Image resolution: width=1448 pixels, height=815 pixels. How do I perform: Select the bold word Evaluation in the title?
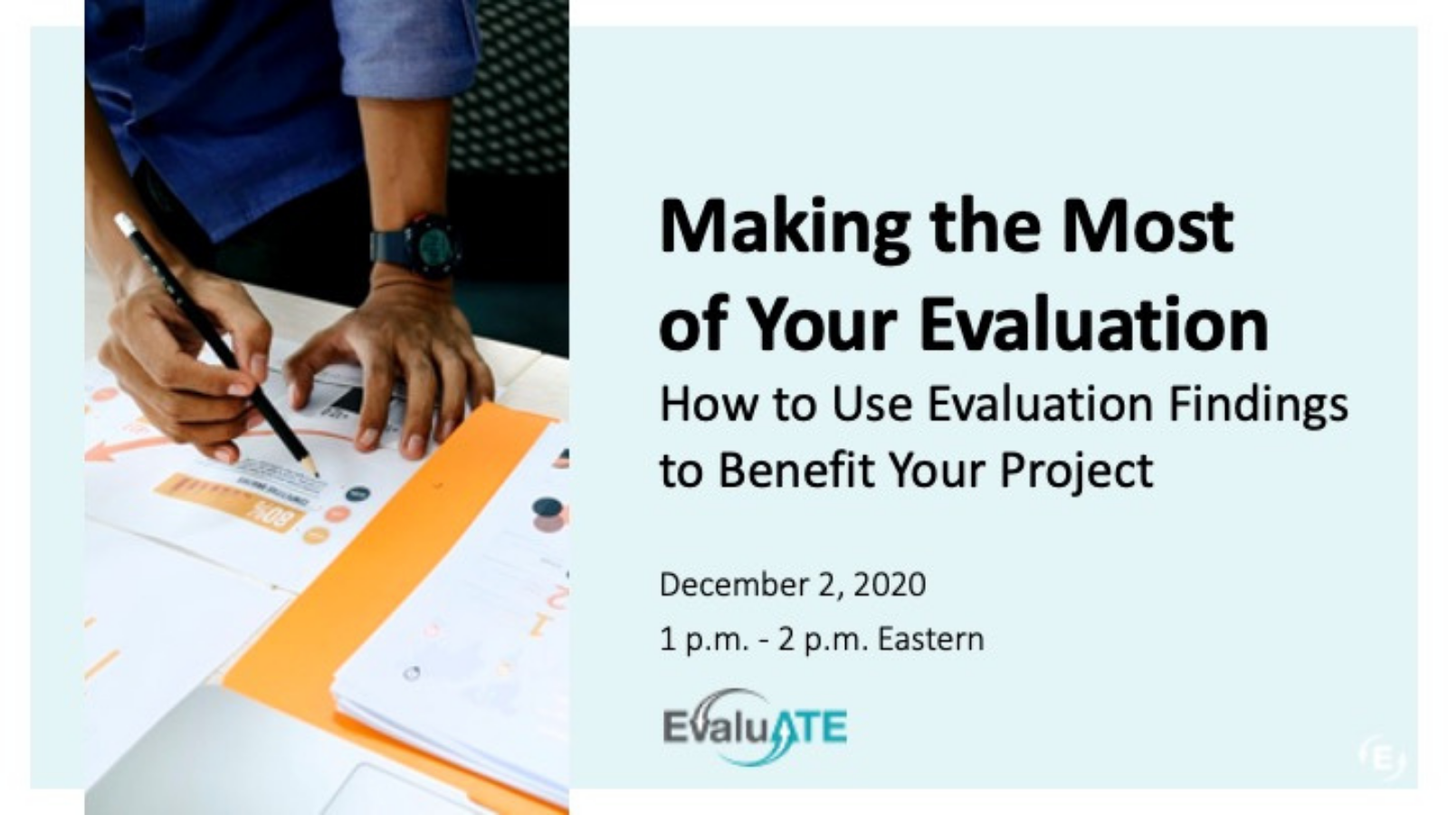[1094, 323]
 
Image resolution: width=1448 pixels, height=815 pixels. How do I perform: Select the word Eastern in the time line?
[931, 639]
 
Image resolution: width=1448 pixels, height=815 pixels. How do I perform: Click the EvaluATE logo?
[755, 727]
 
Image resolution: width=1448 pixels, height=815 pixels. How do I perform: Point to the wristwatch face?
[433, 245]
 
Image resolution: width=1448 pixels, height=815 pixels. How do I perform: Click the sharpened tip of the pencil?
[316, 475]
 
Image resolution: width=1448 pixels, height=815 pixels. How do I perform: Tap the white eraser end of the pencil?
[122, 221]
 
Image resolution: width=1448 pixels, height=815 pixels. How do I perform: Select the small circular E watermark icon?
[1382, 757]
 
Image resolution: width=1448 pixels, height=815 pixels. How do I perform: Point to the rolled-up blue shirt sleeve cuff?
[406, 52]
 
